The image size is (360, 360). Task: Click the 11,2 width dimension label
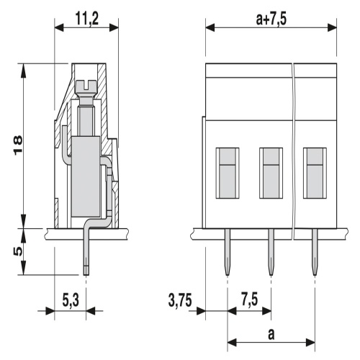[x=87, y=19]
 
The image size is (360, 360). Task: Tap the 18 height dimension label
[x=18, y=145]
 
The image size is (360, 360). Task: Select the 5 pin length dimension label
[x=18, y=251]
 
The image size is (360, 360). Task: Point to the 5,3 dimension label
[x=71, y=300]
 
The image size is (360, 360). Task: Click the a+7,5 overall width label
[x=271, y=19]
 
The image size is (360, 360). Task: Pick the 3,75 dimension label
[x=180, y=300]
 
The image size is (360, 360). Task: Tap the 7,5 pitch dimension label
[x=250, y=300]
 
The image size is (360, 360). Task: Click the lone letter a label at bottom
[x=271, y=334]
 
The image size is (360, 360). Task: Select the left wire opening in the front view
[x=228, y=173]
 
